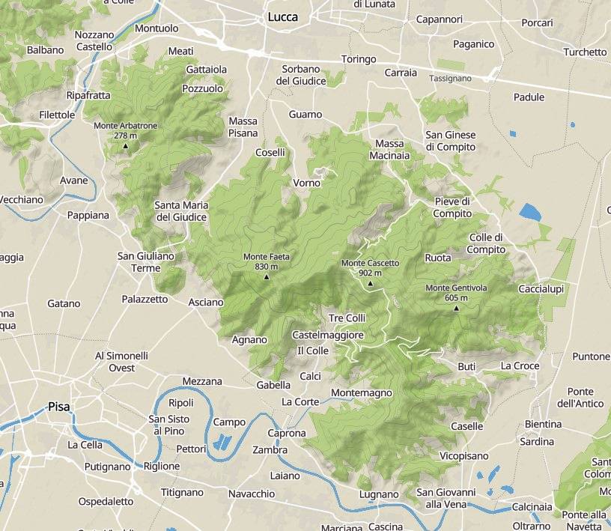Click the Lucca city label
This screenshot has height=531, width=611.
282,16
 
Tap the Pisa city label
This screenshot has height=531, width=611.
58,407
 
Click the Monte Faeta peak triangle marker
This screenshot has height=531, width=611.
267,277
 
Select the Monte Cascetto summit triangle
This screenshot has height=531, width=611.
370,284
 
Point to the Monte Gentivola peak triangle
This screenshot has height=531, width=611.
456,308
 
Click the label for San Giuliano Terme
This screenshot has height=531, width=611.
146,261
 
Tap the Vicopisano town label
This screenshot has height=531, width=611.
463,455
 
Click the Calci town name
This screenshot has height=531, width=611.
310,375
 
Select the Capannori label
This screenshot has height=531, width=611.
439,19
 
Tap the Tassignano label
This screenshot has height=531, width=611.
450,78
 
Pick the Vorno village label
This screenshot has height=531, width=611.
306,183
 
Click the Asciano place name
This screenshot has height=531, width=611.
206,302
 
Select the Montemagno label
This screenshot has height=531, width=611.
361,392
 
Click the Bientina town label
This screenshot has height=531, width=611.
543,424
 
